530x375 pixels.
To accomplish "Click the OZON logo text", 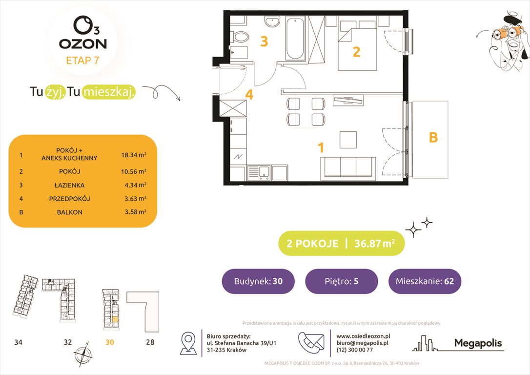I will coord(82,43).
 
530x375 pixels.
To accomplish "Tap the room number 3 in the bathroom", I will coord(264,42).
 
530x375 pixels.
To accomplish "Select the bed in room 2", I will coord(357,49).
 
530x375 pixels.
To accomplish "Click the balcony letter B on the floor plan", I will coord(433,139).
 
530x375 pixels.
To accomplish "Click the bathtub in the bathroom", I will coord(295,39).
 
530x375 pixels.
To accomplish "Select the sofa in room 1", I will coord(348,168).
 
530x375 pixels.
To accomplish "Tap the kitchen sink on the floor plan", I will coord(258,172).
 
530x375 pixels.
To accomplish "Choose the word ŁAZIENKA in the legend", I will coord(69,185).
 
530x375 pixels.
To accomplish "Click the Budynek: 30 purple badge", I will coord(258,281).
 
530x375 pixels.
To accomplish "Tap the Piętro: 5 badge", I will coord(341,281).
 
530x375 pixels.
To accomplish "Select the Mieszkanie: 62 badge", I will coord(425,281).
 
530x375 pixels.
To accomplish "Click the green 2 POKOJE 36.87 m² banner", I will coord(341,244).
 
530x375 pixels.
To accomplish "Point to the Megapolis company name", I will coord(478,343).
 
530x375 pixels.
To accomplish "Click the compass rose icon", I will coord(82,355).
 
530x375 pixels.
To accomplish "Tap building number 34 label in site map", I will coord(18,342).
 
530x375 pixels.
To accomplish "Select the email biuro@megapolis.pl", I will coord(362,343).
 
